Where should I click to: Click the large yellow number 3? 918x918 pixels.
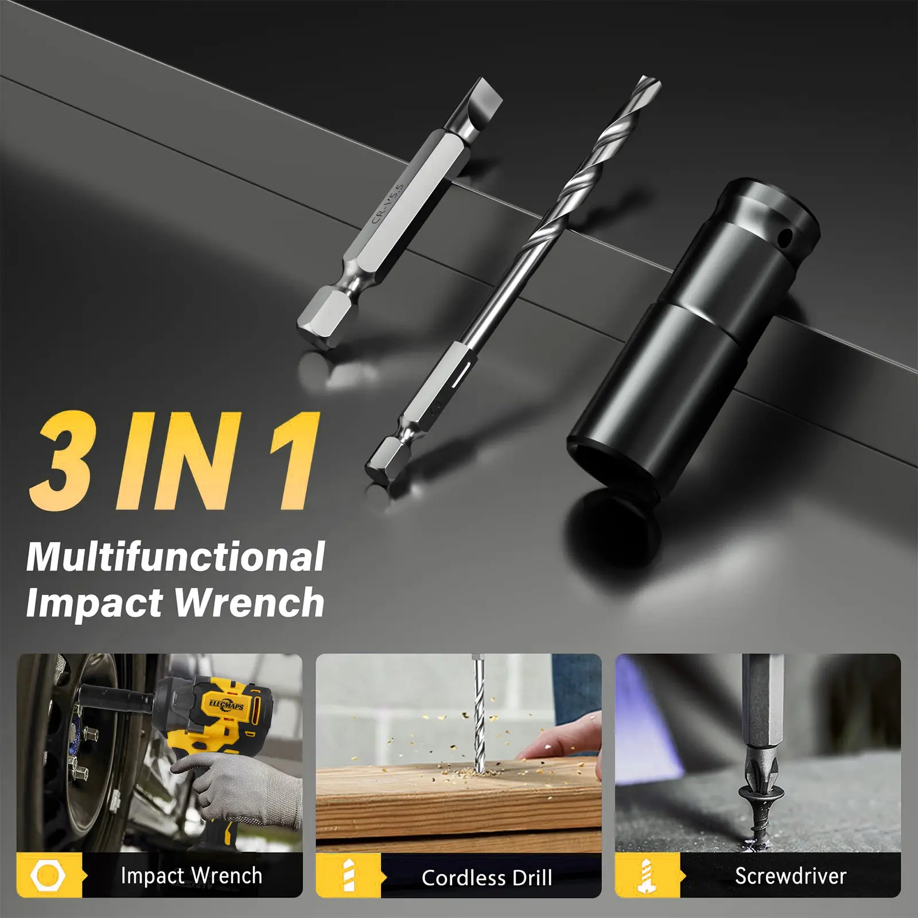click(61, 461)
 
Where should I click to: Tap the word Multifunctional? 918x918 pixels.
click(176, 557)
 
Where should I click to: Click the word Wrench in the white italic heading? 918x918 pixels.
click(249, 602)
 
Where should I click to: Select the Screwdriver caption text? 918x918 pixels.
click(791, 876)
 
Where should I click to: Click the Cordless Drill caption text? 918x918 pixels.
click(487, 877)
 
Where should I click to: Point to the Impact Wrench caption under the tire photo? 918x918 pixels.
click(191, 876)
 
